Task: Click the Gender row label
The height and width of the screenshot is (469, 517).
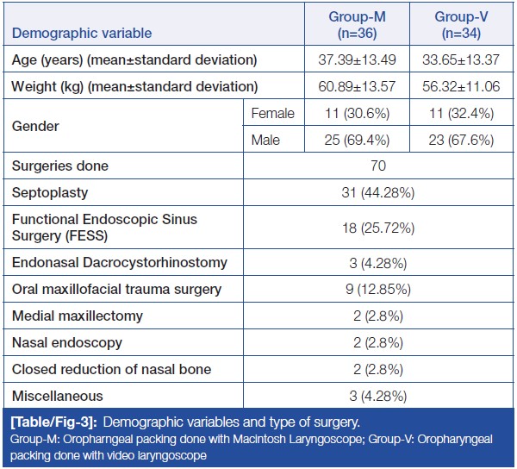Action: click(35, 126)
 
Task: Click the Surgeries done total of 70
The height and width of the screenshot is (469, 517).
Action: click(379, 166)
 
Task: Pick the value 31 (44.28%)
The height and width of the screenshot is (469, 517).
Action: click(379, 192)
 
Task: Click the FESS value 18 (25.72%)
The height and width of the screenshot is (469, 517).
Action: click(379, 228)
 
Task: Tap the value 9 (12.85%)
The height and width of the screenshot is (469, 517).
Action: click(379, 290)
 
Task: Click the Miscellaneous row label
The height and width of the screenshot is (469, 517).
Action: click(57, 396)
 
